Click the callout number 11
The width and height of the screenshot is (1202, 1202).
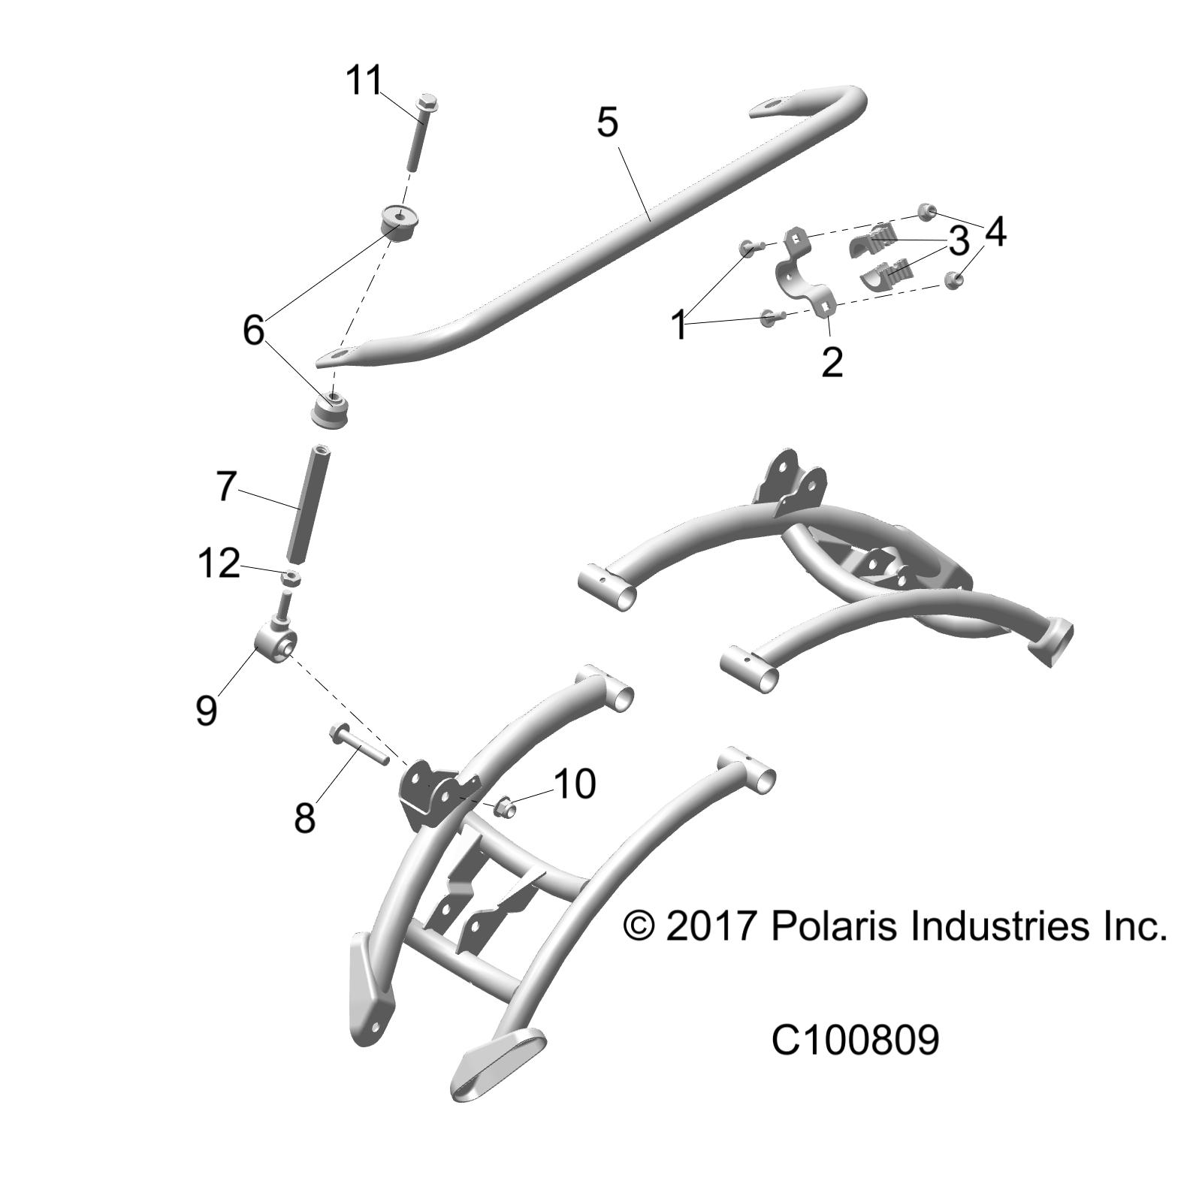point(364,80)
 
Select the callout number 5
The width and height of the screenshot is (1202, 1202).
point(607,122)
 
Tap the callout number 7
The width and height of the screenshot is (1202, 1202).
point(226,486)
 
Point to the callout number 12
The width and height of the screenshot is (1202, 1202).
point(219,563)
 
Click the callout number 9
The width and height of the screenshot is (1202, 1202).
point(206,708)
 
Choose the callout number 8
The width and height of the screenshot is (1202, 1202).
point(304,817)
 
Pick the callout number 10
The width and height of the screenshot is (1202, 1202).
point(575,784)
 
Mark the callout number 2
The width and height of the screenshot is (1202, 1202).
point(832,362)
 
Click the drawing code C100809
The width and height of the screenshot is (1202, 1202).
point(855,1041)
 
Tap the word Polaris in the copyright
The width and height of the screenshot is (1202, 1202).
point(834,926)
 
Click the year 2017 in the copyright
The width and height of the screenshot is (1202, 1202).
point(710,926)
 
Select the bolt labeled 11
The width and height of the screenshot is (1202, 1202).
point(424,135)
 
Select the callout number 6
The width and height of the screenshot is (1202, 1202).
point(254,330)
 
